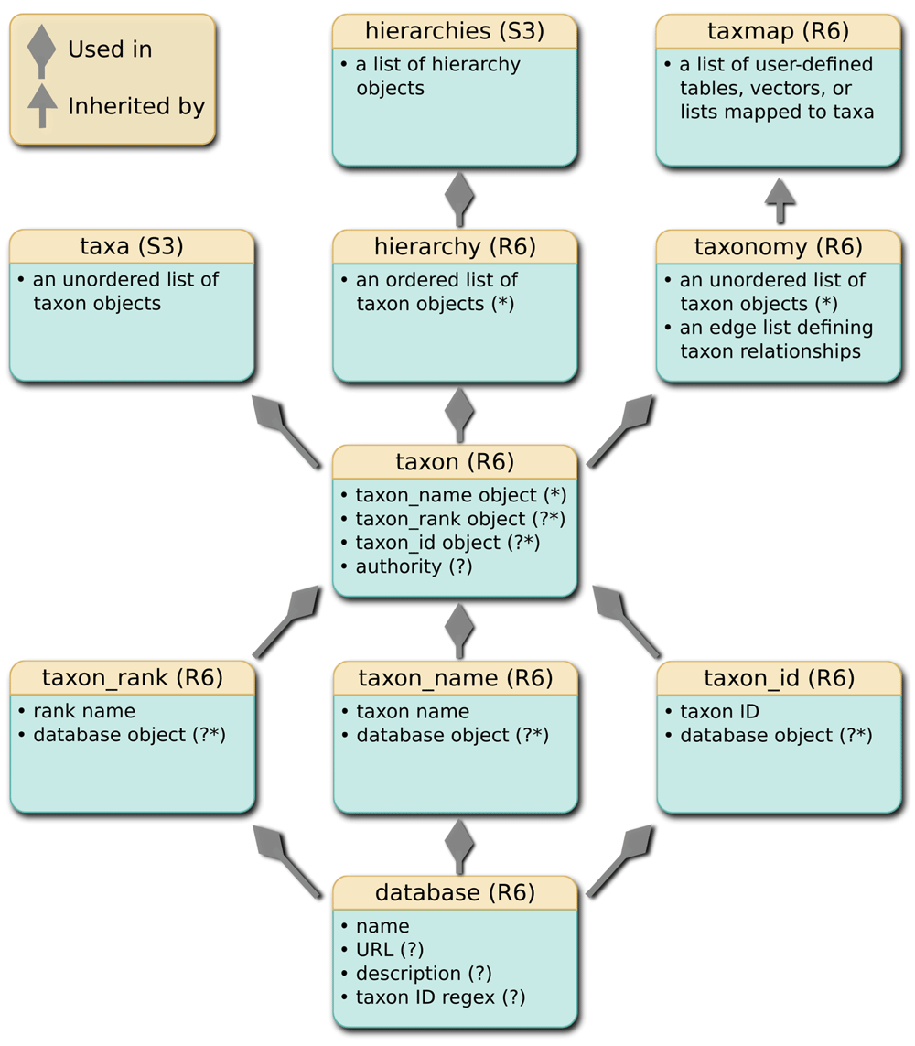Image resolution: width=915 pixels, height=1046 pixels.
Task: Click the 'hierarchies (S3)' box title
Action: pos(455,31)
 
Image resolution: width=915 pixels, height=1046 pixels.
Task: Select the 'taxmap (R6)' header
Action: pos(779,31)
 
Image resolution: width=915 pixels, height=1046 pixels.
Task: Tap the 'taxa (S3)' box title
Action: pos(132,246)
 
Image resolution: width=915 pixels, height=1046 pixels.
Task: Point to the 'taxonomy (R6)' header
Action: pos(779,247)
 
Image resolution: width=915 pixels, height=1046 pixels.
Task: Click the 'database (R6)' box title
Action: pos(455,892)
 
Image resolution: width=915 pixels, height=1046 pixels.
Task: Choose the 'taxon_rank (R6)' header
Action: pos(133,677)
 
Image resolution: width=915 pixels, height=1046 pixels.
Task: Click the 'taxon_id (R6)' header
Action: pos(779,677)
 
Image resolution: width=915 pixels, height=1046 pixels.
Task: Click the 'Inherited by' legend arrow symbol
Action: pos(41,105)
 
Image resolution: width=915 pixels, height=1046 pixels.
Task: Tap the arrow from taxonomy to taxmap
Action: pos(780,199)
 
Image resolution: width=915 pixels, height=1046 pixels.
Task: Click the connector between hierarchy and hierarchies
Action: pos(459,198)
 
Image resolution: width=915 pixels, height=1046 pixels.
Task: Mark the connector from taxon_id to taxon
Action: pos(627,620)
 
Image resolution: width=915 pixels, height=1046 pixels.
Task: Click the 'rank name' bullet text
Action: pos(83,711)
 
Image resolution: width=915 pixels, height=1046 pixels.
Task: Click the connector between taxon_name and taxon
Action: pos(459,630)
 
